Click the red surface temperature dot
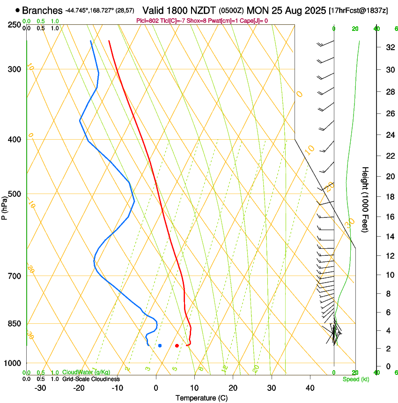tap(177, 346)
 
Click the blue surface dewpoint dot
tap(160, 346)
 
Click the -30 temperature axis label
tap(40, 388)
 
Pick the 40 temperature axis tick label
tap(310, 388)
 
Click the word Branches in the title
tap(42, 10)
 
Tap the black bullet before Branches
tap(17, 10)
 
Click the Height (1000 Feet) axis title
tap(366, 200)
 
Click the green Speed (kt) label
tap(355, 379)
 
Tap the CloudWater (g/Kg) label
tap(80, 373)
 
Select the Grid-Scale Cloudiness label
tap(91, 379)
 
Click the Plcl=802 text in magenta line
tap(147, 21)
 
